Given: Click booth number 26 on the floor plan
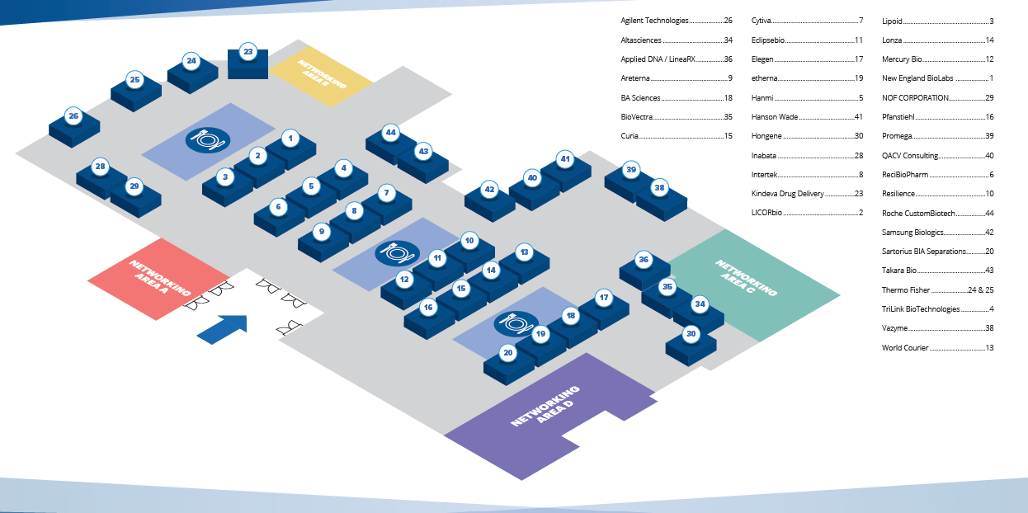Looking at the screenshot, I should (73, 117).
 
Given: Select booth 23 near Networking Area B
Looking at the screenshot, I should (248, 53).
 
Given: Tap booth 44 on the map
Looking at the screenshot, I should (391, 133).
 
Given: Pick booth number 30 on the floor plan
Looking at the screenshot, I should (691, 335).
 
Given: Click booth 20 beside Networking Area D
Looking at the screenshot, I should (508, 353).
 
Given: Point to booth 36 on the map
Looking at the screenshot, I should (644, 261).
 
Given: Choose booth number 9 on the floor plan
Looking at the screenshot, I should (322, 233).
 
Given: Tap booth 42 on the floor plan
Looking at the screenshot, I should (489, 190).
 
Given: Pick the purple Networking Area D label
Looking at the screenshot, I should (545, 405).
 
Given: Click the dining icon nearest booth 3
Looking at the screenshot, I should (207, 139).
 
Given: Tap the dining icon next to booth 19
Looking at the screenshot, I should (516, 323).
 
